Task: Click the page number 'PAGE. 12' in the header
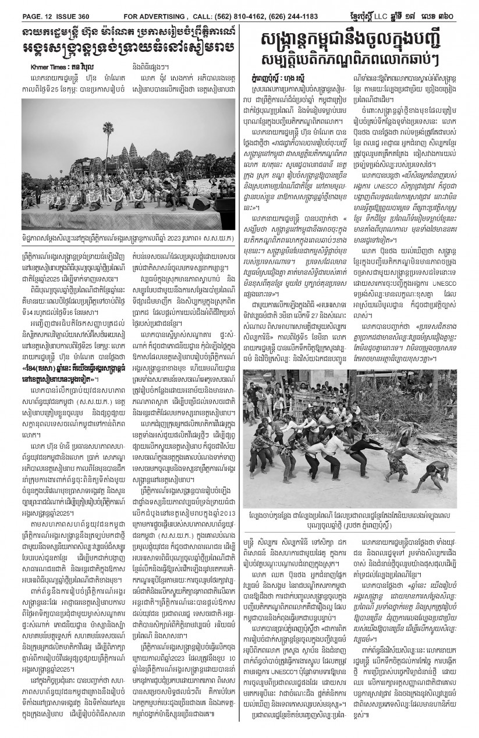22,6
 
